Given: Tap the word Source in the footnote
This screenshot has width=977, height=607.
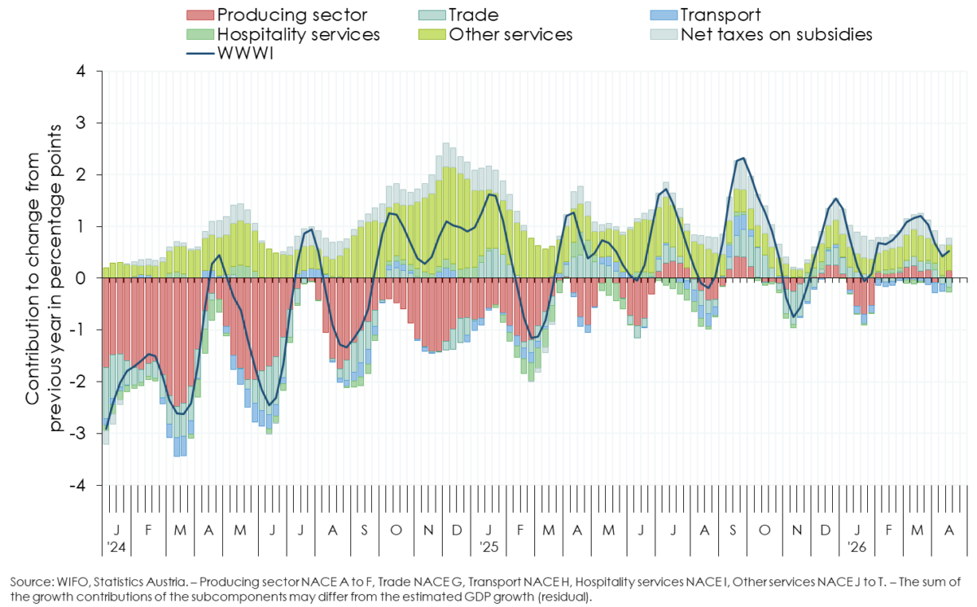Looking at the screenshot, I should coord(29,583).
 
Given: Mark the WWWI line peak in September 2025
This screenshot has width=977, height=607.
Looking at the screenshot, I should coord(743,159).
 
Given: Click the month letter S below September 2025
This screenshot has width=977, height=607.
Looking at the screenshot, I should coord(734,531).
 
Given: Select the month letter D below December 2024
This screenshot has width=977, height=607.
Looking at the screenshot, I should coord(457,531).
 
